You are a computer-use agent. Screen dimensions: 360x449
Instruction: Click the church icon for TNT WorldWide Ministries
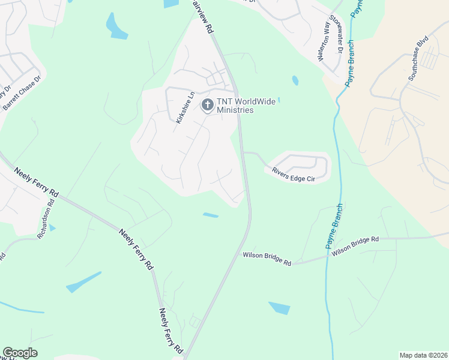tap(207, 106)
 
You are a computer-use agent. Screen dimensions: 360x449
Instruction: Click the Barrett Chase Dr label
tap(22, 93)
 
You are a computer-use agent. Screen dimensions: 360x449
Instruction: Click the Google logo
tap(20, 353)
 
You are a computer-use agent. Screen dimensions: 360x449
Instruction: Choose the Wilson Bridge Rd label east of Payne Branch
tap(356, 241)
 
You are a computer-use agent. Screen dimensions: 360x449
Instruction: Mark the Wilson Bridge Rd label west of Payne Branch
tap(267, 259)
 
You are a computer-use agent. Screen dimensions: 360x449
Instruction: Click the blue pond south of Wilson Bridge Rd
tap(279, 308)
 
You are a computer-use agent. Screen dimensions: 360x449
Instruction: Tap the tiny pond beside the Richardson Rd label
tap(52, 228)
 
